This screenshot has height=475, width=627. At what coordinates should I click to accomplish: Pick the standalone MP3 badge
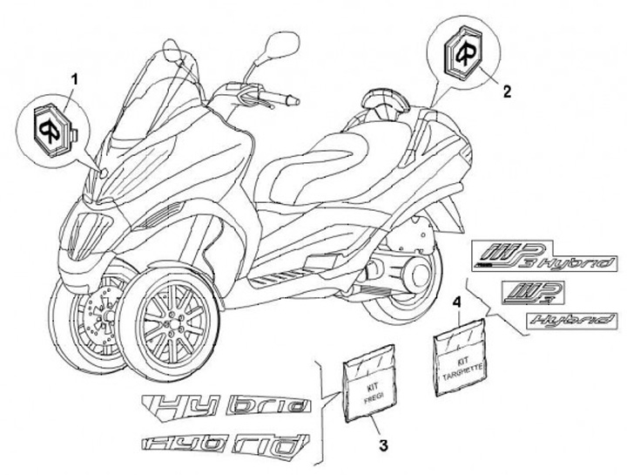coord(532,289)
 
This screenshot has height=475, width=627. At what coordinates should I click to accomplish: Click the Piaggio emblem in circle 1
coord(52,126)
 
